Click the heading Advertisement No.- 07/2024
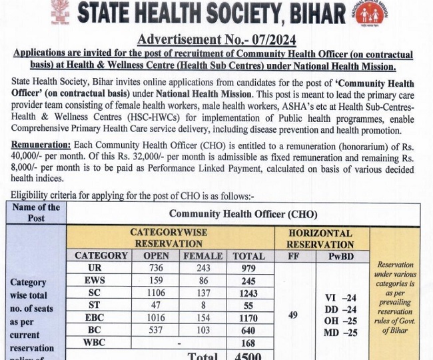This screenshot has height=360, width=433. (217, 40)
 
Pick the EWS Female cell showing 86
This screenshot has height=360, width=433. (202, 281)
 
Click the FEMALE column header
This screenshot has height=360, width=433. (202, 255)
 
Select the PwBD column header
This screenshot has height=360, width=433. (340, 255)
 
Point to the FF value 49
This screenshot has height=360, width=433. (293, 315)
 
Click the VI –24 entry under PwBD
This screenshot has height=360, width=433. (340, 297)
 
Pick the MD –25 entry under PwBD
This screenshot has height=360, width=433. (340, 333)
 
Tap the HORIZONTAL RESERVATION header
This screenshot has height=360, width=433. (320, 238)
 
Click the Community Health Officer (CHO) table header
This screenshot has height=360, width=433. (243, 213)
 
